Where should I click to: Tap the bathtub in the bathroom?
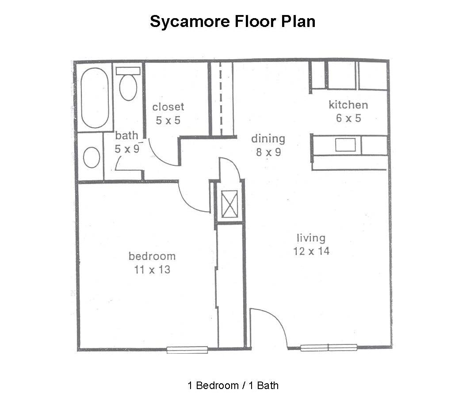(x=95, y=98)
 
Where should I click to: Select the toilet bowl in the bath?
(x=128, y=88)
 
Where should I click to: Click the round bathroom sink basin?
(x=92, y=157)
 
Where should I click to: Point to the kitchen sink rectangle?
(x=345, y=145)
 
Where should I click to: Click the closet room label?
(x=168, y=107)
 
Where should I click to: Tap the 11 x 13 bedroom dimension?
(x=152, y=270)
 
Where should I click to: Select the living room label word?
(x=311, y=238)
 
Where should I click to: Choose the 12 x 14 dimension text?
(x=311, y=252)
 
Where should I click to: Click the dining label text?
(x=268, y=139)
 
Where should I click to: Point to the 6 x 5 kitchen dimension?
(x=348, y=118)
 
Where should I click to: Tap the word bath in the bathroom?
(x=126, y=136)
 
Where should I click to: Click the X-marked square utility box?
(x=230, y=204)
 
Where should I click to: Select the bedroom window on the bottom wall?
(x=187, y=350)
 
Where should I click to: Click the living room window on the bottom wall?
(x=328, y=347)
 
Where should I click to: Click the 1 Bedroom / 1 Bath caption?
(x=233, y=386)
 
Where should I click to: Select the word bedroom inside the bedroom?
(x=152, y=256)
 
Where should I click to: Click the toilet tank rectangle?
(x=128, y=71)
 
